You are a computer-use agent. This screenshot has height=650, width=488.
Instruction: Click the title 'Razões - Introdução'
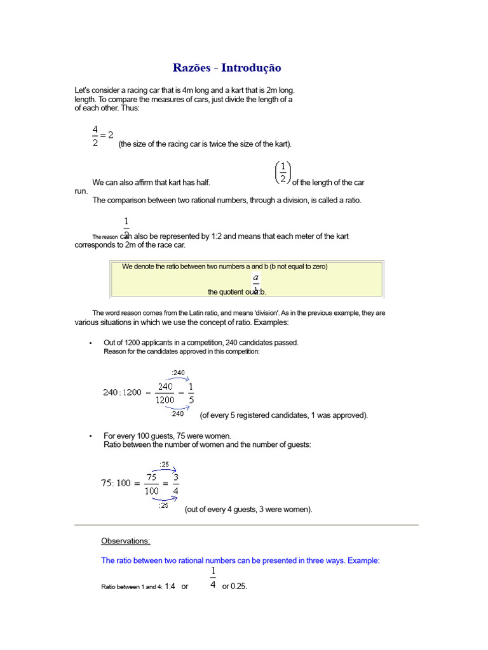[x=227, y=68]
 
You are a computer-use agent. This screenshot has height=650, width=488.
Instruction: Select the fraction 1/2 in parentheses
[x=283, y=172]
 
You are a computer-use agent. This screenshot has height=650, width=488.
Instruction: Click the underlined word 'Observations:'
[x=126, y=541]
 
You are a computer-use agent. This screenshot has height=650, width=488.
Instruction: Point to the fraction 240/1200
[x=165, y=393]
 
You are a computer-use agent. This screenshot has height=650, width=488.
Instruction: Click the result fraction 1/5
[x=191, y=393]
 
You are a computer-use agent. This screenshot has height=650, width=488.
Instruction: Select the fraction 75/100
[x=151, y=483]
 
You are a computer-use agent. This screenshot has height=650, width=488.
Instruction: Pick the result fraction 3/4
[x=175, y=483]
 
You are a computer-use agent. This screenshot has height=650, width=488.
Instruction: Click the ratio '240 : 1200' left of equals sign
[x=122, y=393]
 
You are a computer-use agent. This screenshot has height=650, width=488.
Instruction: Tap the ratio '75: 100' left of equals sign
[x=116, y=483]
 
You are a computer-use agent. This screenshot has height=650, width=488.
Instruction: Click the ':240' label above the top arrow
[x=179, y=373]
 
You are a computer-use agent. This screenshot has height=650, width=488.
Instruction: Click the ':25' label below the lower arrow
[x=164, y=505]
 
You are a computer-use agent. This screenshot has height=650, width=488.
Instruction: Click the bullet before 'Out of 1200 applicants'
[x=91, y=343]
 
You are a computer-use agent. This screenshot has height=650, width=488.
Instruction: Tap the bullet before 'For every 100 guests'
[x=91, y=436]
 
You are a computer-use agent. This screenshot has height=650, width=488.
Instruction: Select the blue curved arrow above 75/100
[x=165, y=470]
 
